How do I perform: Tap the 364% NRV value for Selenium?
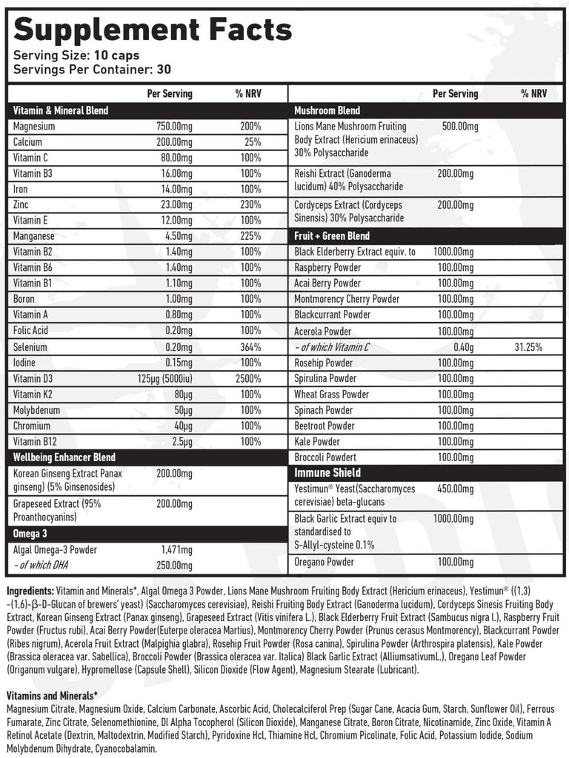(x=250, y=346)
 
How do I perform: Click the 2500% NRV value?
(x=248, y=378)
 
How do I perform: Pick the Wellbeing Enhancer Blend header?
(x=64, y=457)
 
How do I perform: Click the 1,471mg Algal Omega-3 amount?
(x=176, y=549)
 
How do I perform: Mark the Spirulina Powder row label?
(x=325, y=378)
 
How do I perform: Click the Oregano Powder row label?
(x=324, y=563)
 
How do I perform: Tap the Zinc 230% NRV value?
(x=250, y=204)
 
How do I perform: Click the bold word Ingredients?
(x=30, y=591)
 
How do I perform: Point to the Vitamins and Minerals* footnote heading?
(x=52, y=697)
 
